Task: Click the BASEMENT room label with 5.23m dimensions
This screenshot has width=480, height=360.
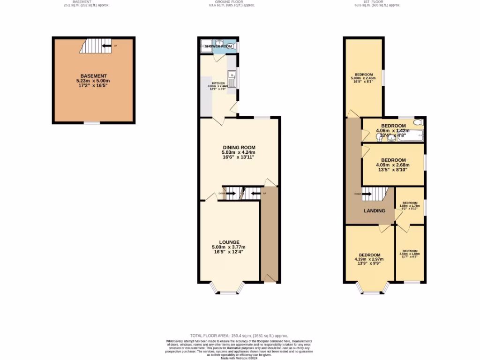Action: [x=94, y=80]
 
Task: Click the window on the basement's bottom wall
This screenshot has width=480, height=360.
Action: [x=91, y=123]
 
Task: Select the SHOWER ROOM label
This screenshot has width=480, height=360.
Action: [x=218, y=46]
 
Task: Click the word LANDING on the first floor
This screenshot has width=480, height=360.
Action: [x=375, y=210]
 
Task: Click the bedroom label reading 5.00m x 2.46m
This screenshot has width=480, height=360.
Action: [x=364, y=77]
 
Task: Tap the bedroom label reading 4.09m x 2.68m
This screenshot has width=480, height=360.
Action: [x=393, y=165]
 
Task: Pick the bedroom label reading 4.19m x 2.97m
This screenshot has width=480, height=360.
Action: [x=370, y=259]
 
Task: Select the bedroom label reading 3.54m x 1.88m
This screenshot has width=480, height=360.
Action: [x=410, y=254]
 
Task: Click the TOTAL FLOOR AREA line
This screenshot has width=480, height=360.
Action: [x=240, y=336]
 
